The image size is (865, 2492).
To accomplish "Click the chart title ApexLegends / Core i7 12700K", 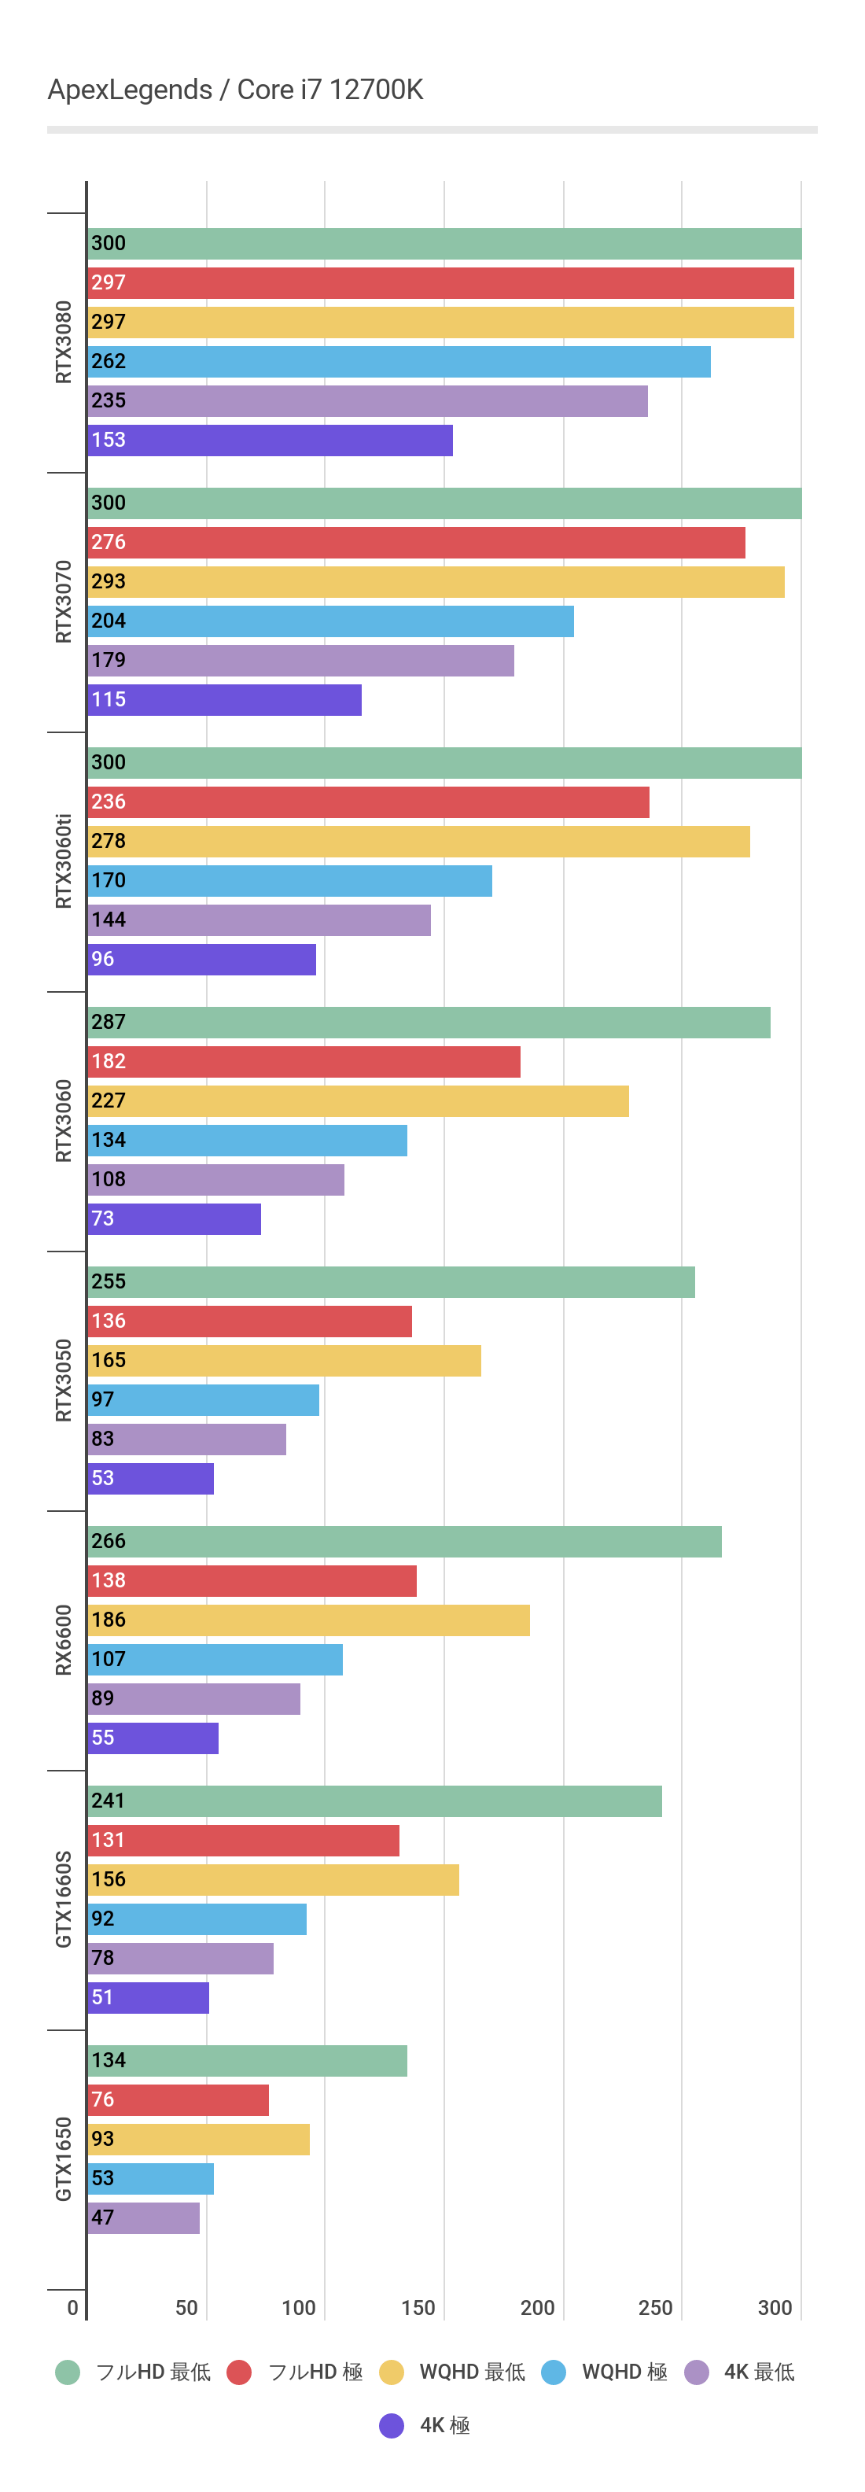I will (235, 90).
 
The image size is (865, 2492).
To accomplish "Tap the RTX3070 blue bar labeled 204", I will (330, 621).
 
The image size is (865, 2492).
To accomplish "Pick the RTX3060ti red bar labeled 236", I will (368, 802).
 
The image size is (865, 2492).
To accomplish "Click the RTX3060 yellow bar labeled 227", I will (358, 1101).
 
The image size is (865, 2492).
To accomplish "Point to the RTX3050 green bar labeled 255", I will (391, 1282).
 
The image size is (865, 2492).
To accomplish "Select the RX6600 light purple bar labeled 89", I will (193, 1699).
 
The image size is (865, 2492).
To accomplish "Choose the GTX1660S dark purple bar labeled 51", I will (148, 1998).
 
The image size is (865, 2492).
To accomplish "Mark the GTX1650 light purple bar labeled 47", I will (143, 2217).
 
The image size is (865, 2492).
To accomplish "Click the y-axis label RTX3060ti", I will (64, 861).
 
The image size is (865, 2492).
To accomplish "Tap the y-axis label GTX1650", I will (64, 2158).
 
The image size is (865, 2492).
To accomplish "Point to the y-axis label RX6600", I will (64, 1640).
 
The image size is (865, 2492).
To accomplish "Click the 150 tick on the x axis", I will (418, 2307).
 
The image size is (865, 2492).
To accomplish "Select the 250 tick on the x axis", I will (655, 2307).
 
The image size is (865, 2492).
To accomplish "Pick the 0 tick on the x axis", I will (72, 2307).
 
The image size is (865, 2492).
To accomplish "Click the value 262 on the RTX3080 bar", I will (109, 361).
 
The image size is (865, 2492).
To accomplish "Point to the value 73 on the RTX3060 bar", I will (102, 1219).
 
